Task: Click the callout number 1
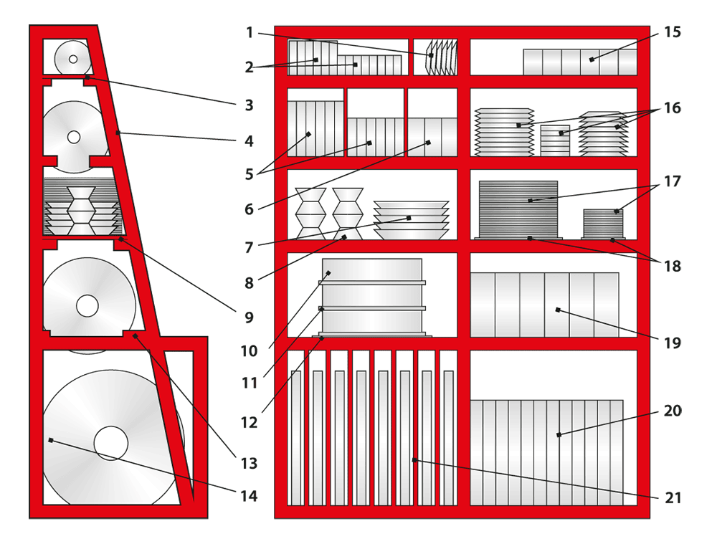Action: [x=250, y=33]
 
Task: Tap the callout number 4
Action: [x=249, y=140]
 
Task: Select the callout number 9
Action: [x=249, y=318]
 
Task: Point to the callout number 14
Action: [x=249, y=496]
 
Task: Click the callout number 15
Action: [x=673, y=32]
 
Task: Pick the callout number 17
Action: [x=673, y=181]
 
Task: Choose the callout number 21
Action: [x=673, y=497]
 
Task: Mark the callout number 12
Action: [x=250, y=423]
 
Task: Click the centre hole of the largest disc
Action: [x=111, y=443]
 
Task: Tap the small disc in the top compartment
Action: [x=72, y=59]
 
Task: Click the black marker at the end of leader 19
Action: [x=558, y=310]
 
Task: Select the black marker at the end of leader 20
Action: [x=559, y=435]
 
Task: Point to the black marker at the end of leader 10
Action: [x=328, y=273]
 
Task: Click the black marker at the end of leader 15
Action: [x=592, y=59]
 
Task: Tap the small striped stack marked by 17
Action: [x=603, y=224]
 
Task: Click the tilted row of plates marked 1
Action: [x=442, y=57]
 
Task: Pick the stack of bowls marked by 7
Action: [x=411, y=220]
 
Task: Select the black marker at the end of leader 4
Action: [x=118, y=133]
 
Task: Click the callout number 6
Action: [x=249, y=209]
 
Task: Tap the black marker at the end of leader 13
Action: [x=136, y=336]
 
